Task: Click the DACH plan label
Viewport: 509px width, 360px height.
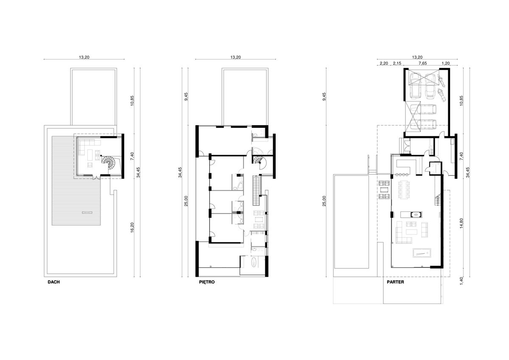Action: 53,282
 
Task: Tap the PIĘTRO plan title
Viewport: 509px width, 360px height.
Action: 207,282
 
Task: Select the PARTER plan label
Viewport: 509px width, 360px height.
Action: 395,282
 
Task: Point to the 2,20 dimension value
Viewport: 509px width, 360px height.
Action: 384,63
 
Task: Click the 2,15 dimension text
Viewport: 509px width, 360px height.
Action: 397,63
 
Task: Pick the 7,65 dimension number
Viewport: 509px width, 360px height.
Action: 422,63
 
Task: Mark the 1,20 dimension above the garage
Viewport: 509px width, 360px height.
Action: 446,63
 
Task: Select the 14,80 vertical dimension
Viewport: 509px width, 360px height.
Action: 461,223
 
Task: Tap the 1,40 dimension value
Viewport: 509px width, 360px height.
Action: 461,281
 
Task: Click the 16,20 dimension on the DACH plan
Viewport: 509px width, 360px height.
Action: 132,228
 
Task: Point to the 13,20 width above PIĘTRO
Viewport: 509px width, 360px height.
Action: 235,57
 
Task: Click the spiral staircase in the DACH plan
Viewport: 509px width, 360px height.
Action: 109,162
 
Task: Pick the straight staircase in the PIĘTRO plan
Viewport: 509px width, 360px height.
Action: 256,190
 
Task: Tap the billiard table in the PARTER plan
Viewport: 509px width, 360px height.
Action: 422,253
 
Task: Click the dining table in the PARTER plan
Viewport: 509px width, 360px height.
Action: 404,190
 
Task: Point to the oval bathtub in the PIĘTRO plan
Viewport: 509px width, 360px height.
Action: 253,262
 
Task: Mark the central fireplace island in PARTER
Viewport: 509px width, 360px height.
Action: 411,214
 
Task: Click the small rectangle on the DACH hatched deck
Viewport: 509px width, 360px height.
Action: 87,213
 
